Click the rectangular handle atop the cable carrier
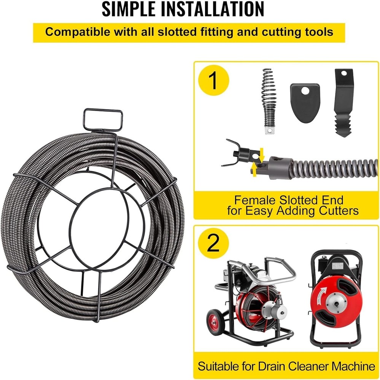102,120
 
